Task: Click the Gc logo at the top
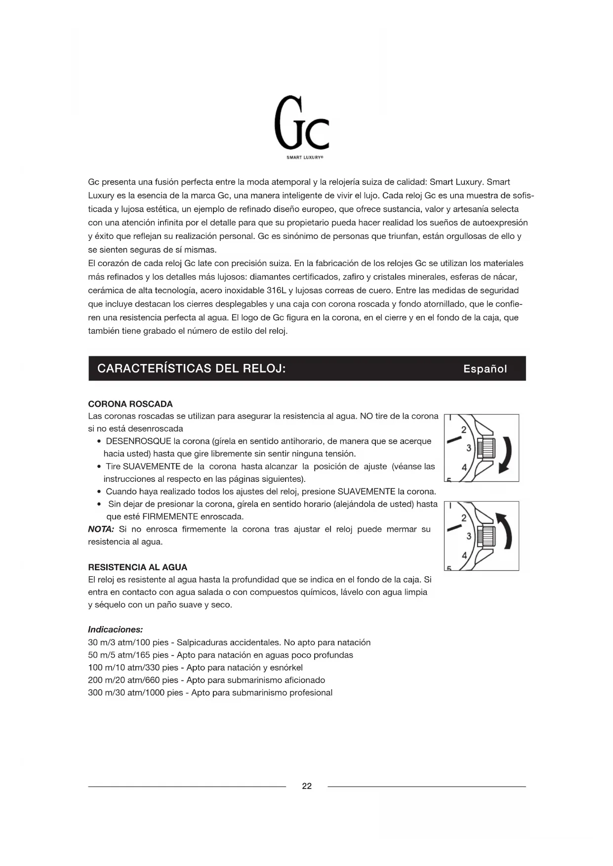(x=301, y=123)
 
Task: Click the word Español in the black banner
(x=485, y=369)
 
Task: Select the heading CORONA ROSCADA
(x=130, y=404)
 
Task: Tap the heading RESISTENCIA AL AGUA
(x=138, y=567)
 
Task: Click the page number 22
(x=307, y=786)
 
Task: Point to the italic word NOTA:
(x=101, y=529)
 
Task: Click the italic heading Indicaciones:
(x=116, y=630)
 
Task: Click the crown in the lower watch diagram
(x=487, y=536)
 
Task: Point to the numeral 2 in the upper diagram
(x=464, y=430)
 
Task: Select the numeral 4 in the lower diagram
(x=464, y=555)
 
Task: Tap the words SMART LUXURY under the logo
(x=305, y=158)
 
